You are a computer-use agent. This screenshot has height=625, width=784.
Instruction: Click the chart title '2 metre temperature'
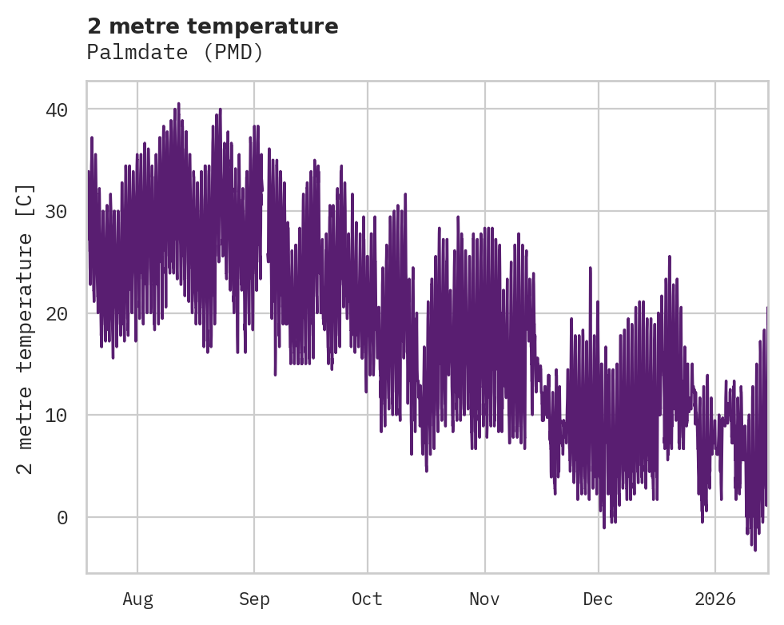coord(213,26)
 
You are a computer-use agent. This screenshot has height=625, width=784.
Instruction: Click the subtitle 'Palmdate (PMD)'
coord(175,53)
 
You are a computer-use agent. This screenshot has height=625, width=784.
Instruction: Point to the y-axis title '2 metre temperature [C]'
coord(26,328)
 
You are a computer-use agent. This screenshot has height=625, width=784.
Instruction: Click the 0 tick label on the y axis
coord(62,518)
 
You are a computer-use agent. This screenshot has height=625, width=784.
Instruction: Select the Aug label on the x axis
coord(137,599)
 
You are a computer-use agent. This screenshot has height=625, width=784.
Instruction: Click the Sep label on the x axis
coord(254,599)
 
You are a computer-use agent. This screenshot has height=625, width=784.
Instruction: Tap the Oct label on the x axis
coord(368,599)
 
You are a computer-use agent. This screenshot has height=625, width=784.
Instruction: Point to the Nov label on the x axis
coord(484,599)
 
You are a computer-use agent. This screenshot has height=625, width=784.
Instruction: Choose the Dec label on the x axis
coord(599,599)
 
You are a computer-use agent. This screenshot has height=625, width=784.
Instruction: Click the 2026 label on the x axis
coord(715,599)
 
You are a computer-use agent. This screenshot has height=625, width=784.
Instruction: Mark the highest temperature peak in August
coord(178,103)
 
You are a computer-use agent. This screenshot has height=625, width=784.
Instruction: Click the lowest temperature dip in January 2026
coord(754,550)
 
